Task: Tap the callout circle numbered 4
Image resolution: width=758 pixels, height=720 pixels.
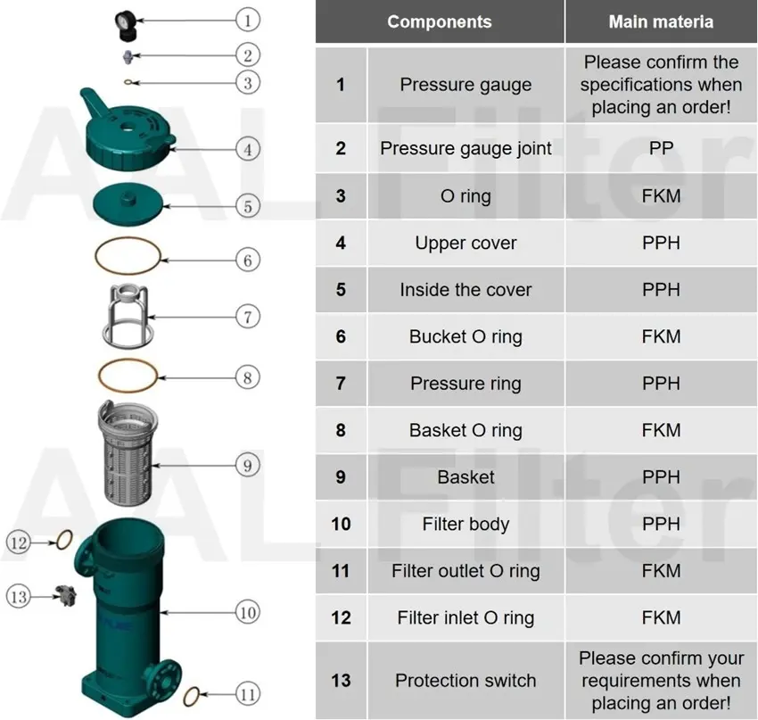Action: pyautogui.click(x=248, y=148)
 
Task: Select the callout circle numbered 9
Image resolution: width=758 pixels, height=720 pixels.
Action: pyautogui.click(x=248, y=464)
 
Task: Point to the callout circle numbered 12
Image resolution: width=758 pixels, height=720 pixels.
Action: pyautogui.click(x=20, y=541)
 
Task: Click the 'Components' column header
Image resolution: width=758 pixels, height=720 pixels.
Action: pyautogui.click(x=439, y=22)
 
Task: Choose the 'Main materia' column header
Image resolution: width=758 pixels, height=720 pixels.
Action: pyautogui.click(x=661, y=22)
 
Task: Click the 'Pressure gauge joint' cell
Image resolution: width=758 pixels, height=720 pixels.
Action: pyautogui.click(x=466, y=148)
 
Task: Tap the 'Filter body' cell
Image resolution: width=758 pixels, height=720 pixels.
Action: pyautogui.click(x=466, y=524)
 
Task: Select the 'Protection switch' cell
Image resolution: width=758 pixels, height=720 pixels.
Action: pyautogui.click(x=466, y=680)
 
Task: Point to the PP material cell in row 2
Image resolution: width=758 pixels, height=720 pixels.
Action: pyautogui.click(x=661, y=148)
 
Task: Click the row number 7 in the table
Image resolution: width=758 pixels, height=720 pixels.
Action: pyautogui.click(x=341, y=384)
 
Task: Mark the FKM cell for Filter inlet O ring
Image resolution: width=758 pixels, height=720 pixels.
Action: pyautogui.click(x=661, y=617)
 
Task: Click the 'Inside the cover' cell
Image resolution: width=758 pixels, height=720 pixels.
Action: pyautogui.click(x=466, y=290)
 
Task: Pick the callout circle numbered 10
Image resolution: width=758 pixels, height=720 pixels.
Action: pyautogui.click(x=248, y=612)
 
